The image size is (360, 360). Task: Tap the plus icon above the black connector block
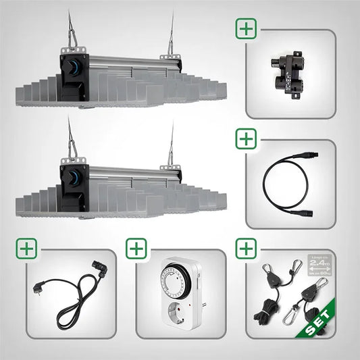click(246, 29)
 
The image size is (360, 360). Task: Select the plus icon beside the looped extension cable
click(246, 139)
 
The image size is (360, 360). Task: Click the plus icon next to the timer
click(137, 249)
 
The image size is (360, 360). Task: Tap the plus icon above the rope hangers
click(246, 249)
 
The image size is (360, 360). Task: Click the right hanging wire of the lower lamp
click(172, 145)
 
